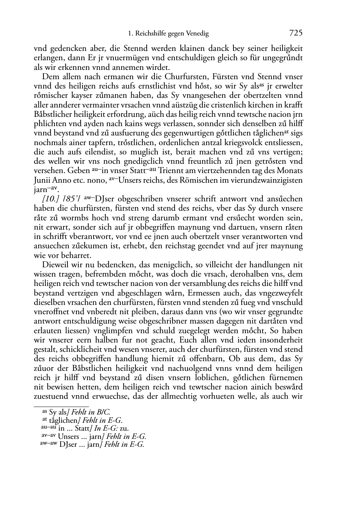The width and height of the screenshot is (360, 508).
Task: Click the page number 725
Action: [296, 33]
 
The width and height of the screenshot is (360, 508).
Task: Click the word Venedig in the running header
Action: [197, 34]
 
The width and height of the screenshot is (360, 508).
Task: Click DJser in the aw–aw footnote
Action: [67, 445]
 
